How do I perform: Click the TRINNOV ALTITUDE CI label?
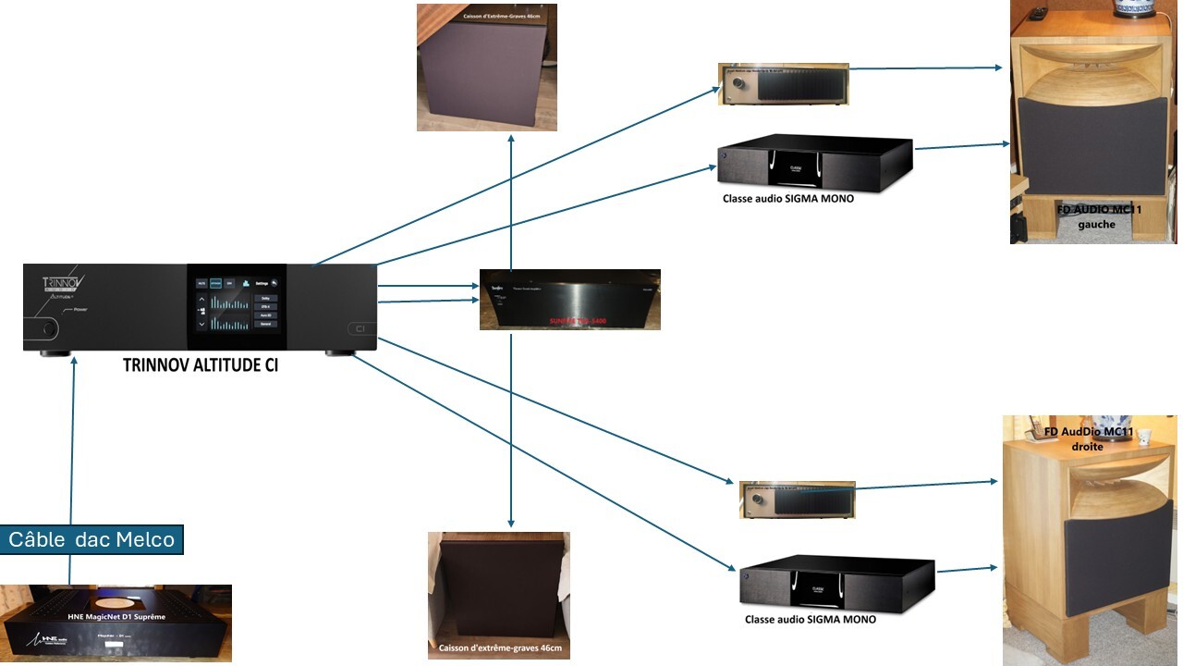tap(201, 365)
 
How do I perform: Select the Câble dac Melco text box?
tap(91, 539)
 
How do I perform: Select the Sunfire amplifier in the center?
tap(569, 300)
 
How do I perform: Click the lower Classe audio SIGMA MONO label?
tap(811, 619)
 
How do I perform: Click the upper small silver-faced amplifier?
tap(783, 84)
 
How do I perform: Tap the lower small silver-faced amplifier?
tap(797, 499)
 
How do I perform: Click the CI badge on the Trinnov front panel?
tap(357, 328)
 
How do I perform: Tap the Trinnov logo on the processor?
tap(64, 286)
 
